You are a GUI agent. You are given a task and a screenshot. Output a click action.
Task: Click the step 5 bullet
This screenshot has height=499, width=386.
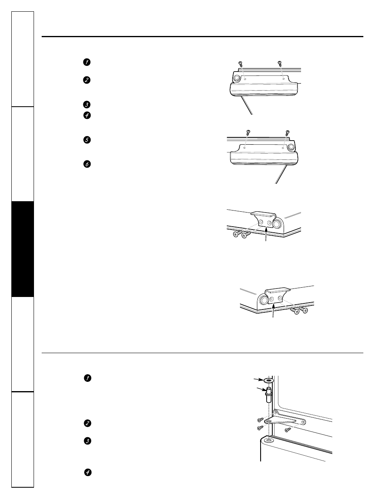pos(87,140)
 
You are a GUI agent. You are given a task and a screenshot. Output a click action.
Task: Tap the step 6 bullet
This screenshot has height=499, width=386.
pos(87,164)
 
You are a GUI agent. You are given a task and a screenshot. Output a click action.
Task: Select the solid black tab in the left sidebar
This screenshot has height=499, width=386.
pos(23,249)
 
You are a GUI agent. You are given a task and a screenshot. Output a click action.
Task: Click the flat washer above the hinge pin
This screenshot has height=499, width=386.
pos(268,381)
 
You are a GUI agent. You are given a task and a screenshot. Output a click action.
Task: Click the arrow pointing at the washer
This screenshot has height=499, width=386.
pos(259,380)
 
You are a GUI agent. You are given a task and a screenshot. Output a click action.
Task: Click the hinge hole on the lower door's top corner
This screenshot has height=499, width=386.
pos(268,440)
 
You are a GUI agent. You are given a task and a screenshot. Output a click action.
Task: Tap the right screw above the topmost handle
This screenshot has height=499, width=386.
pos(280,63)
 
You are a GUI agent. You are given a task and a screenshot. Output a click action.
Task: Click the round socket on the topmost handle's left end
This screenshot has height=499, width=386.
pos(236,78)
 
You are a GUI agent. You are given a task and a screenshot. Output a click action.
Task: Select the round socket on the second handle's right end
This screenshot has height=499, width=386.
pos(291,147)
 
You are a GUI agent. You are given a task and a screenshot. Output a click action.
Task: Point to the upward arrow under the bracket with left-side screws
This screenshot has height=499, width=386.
pos(266,234)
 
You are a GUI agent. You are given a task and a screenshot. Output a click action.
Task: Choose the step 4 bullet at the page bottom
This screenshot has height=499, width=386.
pos(87,472)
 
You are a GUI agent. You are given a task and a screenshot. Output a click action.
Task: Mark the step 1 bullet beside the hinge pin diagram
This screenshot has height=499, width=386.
pos(87,378)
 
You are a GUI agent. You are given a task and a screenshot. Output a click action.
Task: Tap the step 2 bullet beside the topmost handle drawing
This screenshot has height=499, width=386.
pos(87,80)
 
